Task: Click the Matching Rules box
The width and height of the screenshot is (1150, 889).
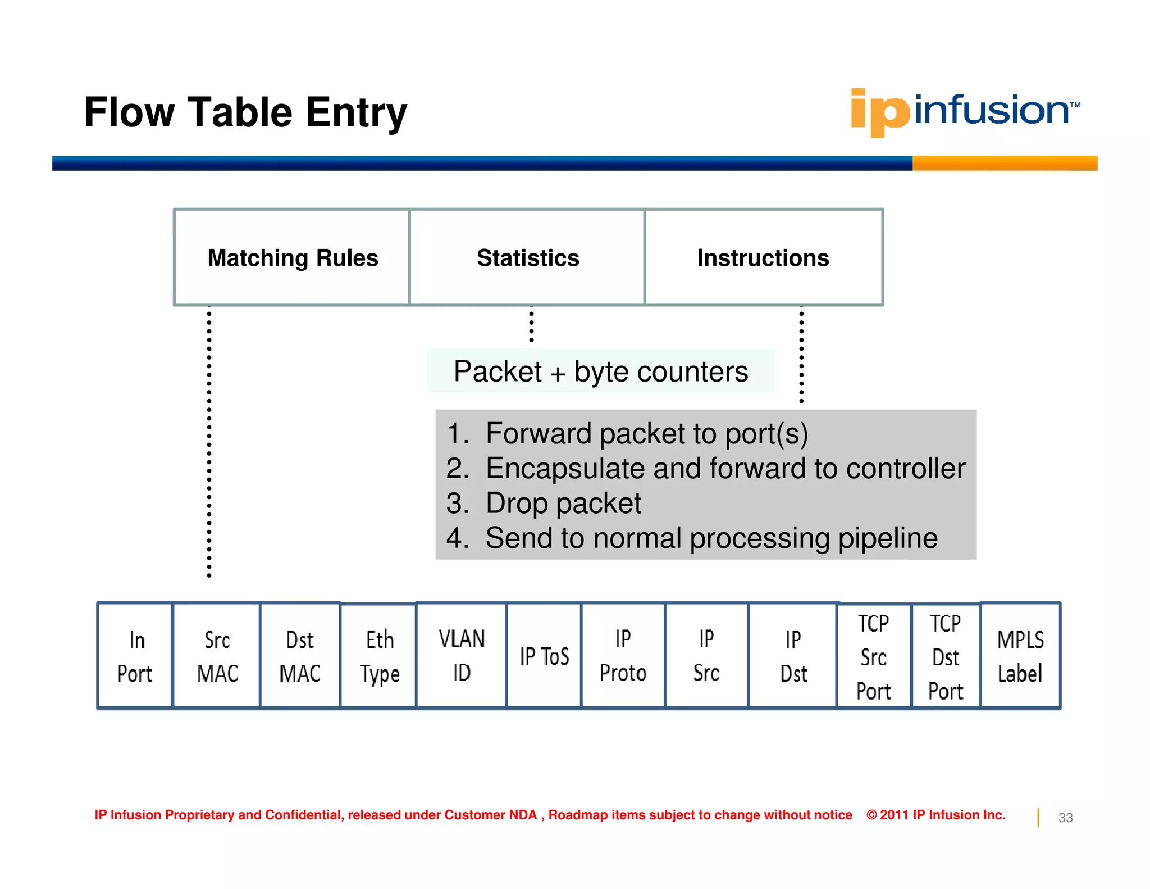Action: click(x=292, y=258)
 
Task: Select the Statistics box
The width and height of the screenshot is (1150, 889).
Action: click(x=527, y=258)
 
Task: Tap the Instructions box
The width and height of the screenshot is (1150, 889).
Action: click(x=763, y=258)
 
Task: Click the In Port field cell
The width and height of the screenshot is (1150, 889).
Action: click(x=135, y=656)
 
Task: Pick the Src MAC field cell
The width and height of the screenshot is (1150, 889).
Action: click(x=217, y=656)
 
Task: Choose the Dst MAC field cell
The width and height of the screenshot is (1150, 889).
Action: click(x=300, y=656)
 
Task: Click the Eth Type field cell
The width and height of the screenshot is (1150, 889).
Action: click(x=379, y=656)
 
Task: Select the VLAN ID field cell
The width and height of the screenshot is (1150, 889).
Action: click(x=462, y=656)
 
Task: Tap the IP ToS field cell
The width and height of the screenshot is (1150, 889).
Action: click(x=544, y=656)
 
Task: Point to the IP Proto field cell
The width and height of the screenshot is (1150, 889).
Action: click(x=623, y=656)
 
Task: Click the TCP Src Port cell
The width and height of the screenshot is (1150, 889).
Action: click(x=874, y=656)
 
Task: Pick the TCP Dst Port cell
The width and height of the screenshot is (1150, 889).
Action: click(x=946, y=656)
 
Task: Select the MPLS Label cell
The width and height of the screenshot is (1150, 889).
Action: click(x=1020, y=656)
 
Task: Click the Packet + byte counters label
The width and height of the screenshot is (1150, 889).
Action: click(x=600, y=371)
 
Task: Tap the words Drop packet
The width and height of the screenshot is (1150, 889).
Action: click(x=563, y=503)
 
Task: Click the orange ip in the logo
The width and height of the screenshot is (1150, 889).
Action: click(x=879, y=112)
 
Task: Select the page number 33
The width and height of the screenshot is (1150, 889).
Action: click(x=1065, y=818)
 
